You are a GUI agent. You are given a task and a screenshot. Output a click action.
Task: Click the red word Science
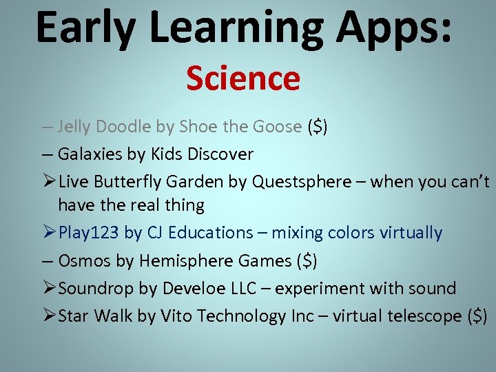[x=242, y=79]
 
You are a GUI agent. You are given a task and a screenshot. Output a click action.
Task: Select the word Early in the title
[x=83, y=28]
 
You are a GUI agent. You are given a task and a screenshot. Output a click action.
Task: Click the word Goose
[x=278, y=127]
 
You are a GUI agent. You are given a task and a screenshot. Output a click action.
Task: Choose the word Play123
[x=89, y=234]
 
